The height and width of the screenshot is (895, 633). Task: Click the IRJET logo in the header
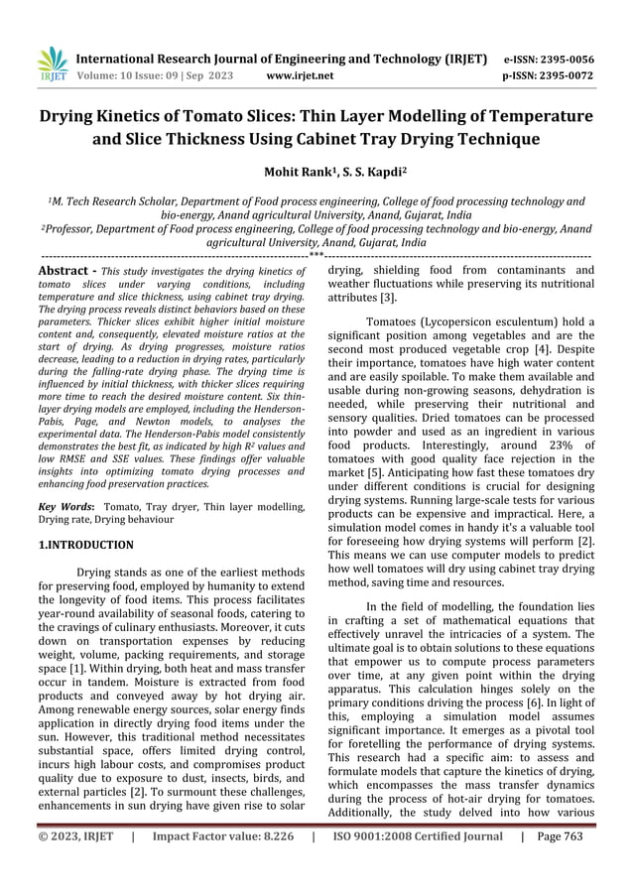52,65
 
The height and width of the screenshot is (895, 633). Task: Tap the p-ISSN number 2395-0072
564,75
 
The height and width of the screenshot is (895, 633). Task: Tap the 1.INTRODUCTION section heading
85,545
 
